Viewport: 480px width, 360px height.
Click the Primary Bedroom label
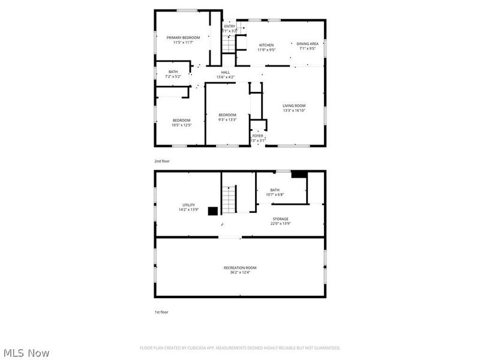click(183, 37)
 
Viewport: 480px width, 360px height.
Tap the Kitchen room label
click(266, 45)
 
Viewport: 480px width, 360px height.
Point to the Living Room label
click(294, 106)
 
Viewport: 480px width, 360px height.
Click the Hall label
click(225, 73)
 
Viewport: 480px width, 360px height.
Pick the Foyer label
click(257, 136)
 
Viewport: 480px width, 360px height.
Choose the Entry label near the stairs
click(230, 26)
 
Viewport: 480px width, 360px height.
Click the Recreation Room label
click(240, 268)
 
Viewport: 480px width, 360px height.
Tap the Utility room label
click(188, 205)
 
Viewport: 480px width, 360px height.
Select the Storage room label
click(280, 219)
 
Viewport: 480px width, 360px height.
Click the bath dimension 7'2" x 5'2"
click(173, 77)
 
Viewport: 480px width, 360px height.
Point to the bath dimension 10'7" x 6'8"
click(275, 194)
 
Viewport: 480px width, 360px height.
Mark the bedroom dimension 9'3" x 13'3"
click(227, 120)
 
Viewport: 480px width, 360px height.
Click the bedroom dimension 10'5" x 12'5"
click(181, 125)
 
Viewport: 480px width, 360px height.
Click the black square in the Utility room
click(212, 211)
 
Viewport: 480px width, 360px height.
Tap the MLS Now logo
click(26, 353)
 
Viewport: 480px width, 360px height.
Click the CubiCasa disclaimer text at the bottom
click(240, 347)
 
